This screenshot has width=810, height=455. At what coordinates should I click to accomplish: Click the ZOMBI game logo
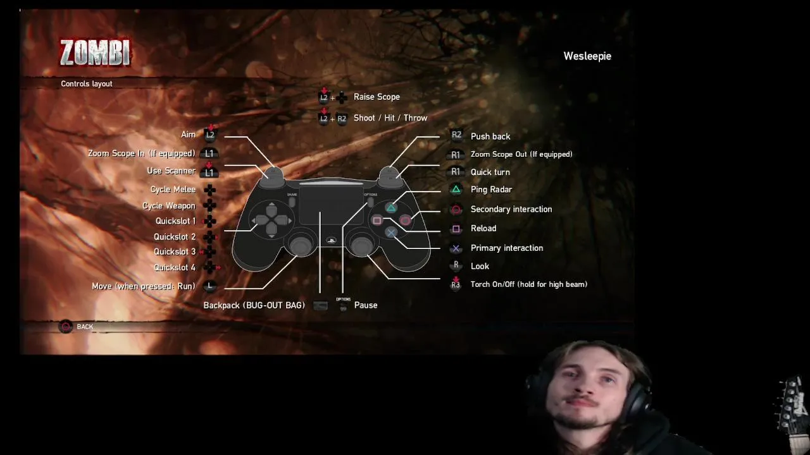click(95, 53)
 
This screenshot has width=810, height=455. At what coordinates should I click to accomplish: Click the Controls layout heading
click(86, 83)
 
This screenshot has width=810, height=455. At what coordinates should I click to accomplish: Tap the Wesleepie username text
click(587, 56)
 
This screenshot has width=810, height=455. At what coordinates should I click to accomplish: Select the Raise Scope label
click(377, 97)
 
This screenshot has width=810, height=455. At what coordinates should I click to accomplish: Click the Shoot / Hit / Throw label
click(390, 118)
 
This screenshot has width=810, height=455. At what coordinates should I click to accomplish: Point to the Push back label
click(490, 136)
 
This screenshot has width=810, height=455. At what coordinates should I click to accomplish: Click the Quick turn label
click(490, 172)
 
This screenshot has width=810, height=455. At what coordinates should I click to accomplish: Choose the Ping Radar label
click(491, 190)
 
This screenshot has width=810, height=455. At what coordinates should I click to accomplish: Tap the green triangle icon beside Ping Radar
click(456, 190)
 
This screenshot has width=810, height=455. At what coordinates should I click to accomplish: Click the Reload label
click(483, 229)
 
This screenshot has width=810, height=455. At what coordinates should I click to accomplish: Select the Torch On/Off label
click(528, 284)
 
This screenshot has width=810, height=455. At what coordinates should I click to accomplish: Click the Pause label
click(366, 305)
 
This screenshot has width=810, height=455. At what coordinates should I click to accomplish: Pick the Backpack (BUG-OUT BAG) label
click(254, 305)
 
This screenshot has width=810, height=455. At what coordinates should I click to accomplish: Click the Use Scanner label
click(171, 171)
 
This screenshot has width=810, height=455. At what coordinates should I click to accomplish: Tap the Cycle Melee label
click(173, 190)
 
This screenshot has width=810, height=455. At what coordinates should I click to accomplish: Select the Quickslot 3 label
click(175, 252)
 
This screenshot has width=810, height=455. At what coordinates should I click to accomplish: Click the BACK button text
click(85, 327)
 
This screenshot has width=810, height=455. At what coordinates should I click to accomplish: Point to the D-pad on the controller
click(271, 220)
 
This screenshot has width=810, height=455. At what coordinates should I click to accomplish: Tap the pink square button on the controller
click(377, 221)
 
